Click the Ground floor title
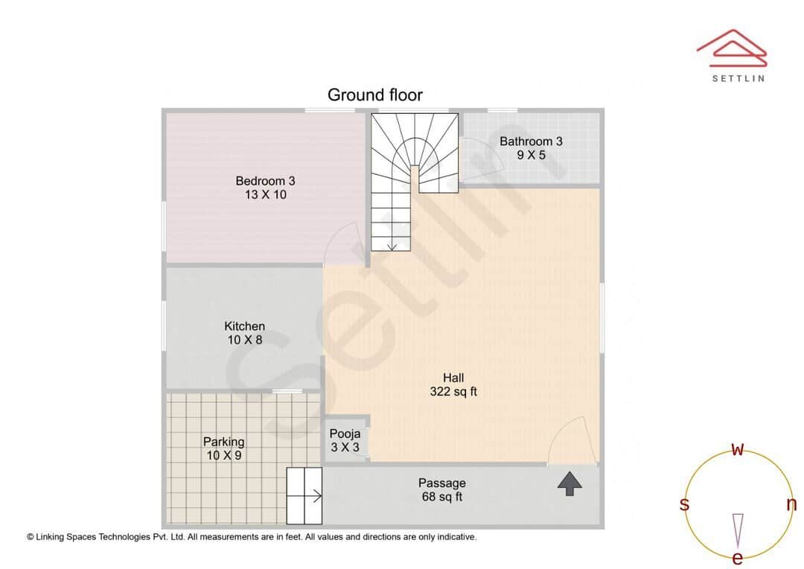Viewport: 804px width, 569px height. (x=375, y=95)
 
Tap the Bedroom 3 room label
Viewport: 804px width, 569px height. (x=265, y=180)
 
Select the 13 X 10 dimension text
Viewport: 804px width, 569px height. (x=265, y=194)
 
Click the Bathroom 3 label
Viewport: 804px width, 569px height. (x=531, y=141)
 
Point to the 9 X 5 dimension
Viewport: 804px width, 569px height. (x=531, y=155)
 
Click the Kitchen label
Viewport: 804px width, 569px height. (x=244, y=325)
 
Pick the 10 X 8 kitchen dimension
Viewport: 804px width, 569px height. (x=244, y=340)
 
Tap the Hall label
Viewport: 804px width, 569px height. (x=453, y=378)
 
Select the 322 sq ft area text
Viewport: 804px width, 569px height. (x=453, y=392)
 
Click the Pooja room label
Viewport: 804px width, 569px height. (x=345, y=433)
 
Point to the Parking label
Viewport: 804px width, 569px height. (x=223, y=442)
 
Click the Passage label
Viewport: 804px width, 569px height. (x=441, y=483)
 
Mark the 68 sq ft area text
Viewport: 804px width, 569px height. (x=441, y=497)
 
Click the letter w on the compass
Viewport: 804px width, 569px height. (x=738, y=449)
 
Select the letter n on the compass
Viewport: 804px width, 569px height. (x=791, y=504)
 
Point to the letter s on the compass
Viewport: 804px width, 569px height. (x=684, y=504)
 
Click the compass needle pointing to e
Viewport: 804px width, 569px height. (x=738, y=530)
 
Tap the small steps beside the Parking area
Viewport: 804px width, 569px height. (x=304, y=495)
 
